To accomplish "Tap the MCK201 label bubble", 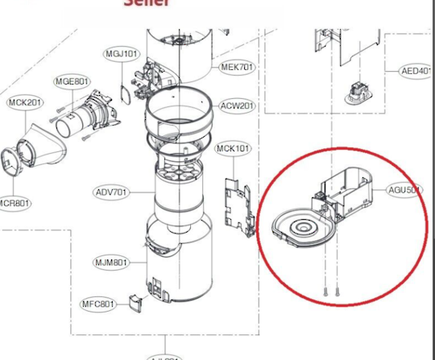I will point(26,102).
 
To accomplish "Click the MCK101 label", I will point(233,148).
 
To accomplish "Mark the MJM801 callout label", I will point(110,263).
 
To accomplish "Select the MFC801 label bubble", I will point(98,304).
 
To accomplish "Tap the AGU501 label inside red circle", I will point(404,190).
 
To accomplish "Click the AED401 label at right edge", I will point(417,71).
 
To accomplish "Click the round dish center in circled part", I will point(303,229).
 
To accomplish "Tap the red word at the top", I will point(147,3).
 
